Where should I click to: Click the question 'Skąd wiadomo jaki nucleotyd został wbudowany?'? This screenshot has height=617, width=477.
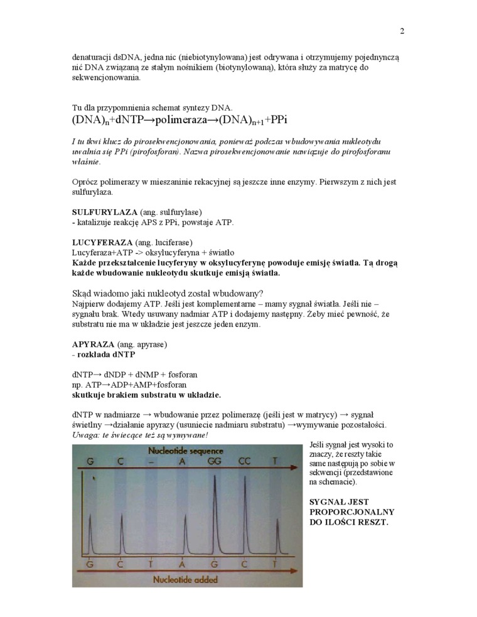pos(168,293)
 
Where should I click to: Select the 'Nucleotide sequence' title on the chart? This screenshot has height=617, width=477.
pos(187,451)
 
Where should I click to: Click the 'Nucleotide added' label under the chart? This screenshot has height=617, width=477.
pos(186,580)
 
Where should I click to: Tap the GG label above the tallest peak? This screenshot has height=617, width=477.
pos(214,461)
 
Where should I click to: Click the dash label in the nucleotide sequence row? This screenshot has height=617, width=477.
pos(151,461)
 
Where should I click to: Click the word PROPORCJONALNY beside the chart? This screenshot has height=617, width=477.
pos(351,511)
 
